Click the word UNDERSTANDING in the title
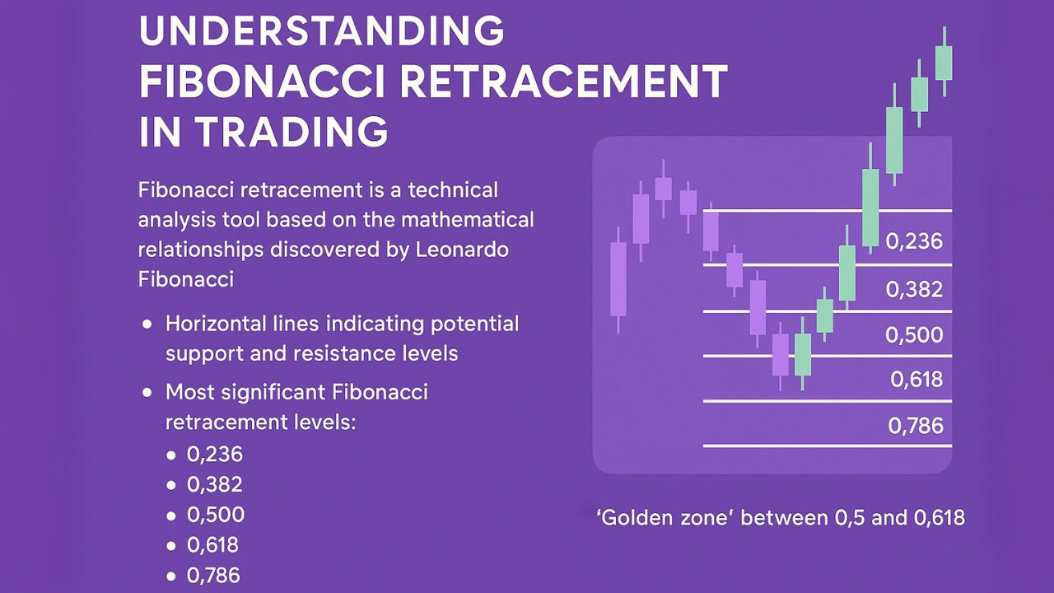point(321,31)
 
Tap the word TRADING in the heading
point(291,132)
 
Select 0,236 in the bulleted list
point(215,454)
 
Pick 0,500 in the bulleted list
point(216,515)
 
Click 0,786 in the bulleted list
point(215,576)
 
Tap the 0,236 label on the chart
point(914,241)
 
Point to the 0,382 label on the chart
point(914,289)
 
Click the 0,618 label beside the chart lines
point(916,380)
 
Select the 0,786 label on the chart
point(916,426)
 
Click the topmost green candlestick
point(944,63)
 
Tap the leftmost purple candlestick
point(618,278)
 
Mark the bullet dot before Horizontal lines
point(147,325)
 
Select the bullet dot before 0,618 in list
point(171,545)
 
